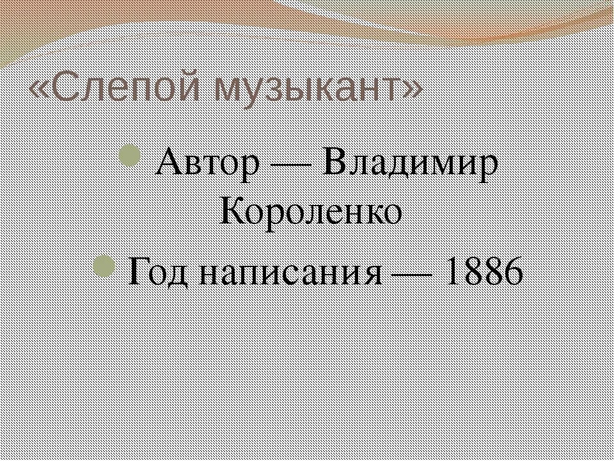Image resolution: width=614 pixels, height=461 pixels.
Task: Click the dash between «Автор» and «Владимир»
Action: coord(292,165)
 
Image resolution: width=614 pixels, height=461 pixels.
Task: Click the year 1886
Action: coord(483,273)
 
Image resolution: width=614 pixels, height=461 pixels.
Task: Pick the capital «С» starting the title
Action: coord(64,88)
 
